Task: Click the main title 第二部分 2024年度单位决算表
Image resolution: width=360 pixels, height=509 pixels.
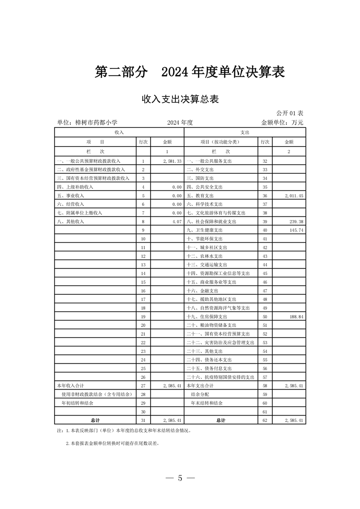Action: point(189,72)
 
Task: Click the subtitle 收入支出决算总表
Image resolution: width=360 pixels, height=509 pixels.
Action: point(180,99)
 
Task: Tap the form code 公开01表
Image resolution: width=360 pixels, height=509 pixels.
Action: point(290,113)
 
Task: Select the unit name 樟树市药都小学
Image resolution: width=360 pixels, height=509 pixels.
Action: point(87,122)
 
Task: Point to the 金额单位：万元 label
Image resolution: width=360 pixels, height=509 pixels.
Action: point(282,122)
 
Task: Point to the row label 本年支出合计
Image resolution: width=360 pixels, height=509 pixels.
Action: point(201,385)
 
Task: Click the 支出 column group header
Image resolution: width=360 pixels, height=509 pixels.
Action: point(245,132)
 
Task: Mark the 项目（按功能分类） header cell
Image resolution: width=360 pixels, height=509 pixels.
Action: point(220,142)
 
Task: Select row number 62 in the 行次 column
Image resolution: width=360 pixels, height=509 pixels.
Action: point(265,421)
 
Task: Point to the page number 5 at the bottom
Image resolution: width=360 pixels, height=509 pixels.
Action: point(180,478)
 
